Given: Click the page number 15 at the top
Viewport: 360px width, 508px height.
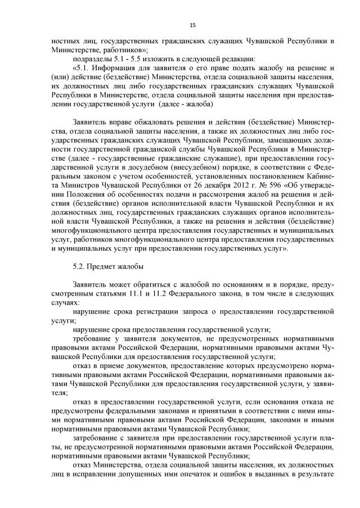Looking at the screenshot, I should tap(192, 25).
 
